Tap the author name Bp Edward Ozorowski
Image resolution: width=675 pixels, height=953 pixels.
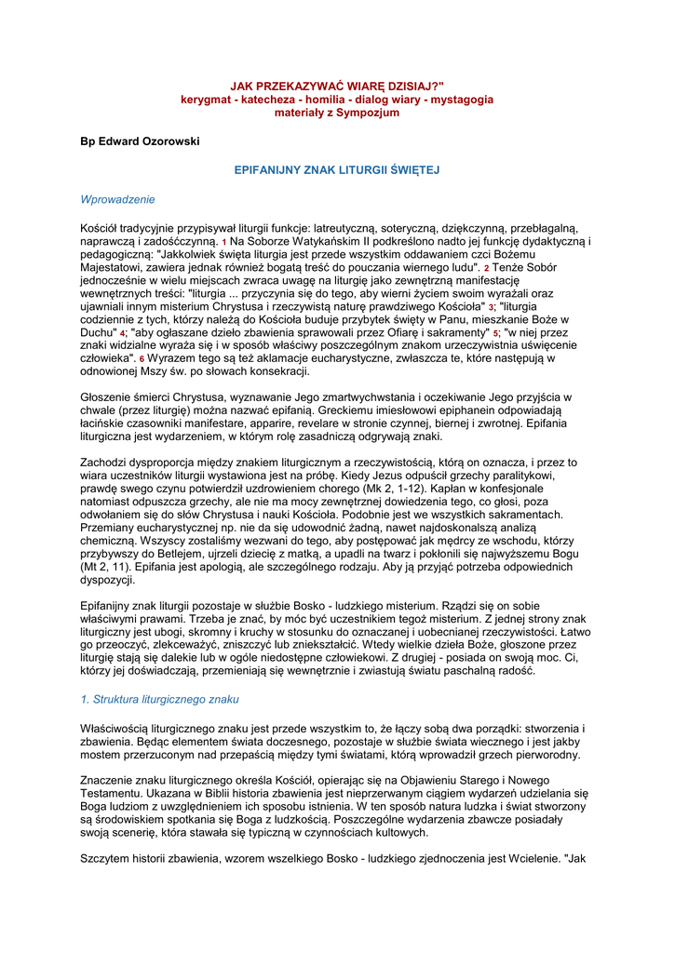point(141,141)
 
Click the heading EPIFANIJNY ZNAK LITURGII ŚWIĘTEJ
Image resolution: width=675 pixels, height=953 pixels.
point(336,170)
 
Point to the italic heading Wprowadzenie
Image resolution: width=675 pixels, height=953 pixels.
point(118,199)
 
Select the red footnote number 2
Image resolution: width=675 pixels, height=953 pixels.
point(485,268)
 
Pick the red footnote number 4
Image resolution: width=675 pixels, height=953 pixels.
point(122,333)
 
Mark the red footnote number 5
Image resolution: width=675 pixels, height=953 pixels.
point(496,333)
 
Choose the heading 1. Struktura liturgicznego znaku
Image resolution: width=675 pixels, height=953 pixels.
point(160,698)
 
